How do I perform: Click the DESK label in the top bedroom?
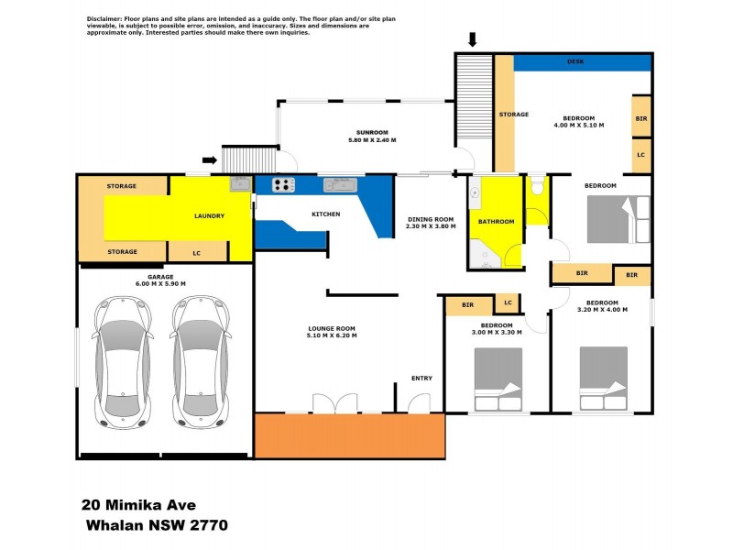[575, 61]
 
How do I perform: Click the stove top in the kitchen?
[284, 184]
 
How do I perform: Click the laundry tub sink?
[240, 184]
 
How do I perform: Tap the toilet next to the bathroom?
[538, 186]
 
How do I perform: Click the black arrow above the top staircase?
[473, 38]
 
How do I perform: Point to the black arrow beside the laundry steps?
[210, 160]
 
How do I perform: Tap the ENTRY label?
[421, 378]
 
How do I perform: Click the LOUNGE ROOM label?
[332, 328]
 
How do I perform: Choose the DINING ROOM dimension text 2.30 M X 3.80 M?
[430, 226]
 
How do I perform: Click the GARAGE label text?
[160, 276]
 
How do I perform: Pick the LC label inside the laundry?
[197, 252]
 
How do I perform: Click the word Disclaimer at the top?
[106, 18]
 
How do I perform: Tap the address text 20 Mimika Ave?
[137, 503]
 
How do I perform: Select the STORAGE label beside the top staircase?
[514, 115]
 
